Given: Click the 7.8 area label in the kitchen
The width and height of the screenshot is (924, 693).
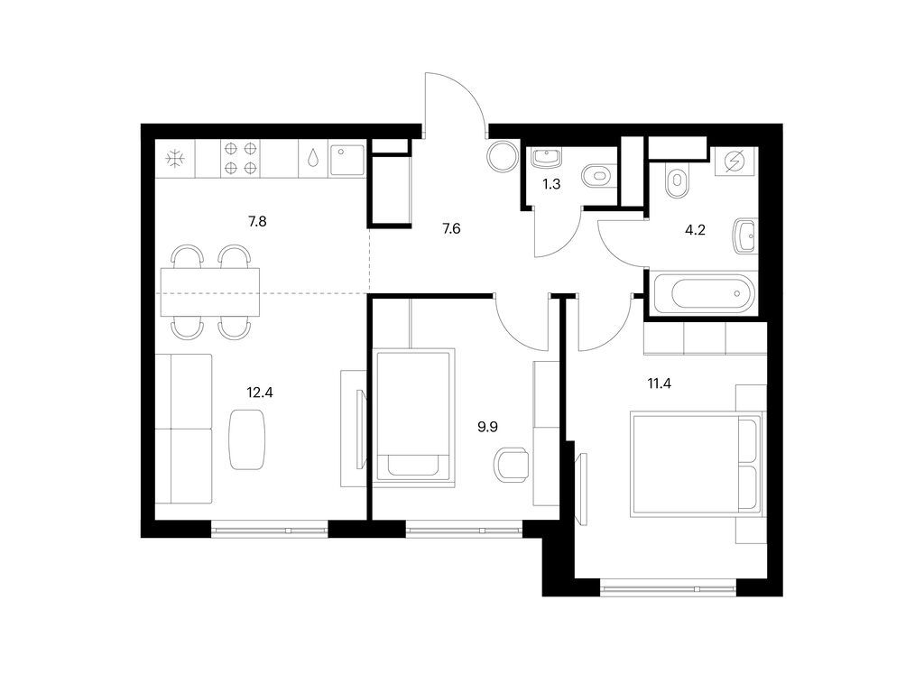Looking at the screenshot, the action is coord(257,222).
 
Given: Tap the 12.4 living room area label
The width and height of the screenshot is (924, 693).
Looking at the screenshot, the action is coord(260,392).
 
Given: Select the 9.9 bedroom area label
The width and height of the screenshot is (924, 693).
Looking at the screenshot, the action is coord(487,427).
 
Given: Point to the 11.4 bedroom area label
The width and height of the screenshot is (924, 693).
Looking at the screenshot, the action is coord(660,384).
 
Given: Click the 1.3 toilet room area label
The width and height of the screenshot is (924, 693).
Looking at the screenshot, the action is coord(551,184).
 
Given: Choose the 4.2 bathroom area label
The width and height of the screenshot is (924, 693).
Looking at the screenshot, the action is coord(695,230).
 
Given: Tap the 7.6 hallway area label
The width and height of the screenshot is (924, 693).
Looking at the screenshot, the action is coord(451,228).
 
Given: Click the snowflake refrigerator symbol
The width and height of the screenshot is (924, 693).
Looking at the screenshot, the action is coord(175,159).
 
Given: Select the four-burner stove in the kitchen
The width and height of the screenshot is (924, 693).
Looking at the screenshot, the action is coord(241,158).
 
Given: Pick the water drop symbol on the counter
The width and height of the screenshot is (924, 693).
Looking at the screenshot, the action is coord(313,157).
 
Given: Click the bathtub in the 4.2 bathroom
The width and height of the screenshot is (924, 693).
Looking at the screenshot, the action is coord(702,292).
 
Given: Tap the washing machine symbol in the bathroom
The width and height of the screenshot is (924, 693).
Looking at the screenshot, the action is coord(735,161).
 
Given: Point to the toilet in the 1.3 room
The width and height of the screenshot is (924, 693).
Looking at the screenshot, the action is coord(598,176).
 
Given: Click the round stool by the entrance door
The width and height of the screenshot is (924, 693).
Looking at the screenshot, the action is coord(503,156).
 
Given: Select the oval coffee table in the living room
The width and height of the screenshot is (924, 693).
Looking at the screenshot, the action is coord(247,439).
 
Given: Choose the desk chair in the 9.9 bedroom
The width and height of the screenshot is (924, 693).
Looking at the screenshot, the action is coord(511,465).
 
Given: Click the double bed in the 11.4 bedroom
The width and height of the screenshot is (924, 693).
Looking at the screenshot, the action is coord(696,465).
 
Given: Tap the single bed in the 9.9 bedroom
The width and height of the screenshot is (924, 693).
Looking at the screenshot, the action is coord(413,416).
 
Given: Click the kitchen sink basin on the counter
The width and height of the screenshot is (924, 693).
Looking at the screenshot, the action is coord(347,160).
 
